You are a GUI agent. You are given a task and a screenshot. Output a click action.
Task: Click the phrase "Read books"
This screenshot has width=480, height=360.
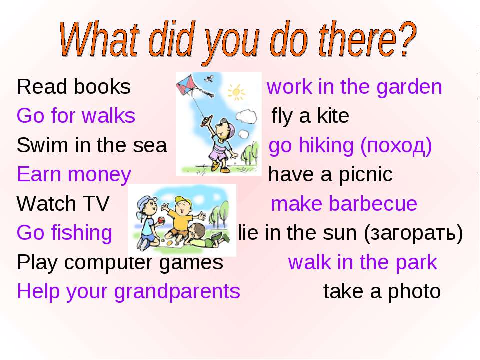74,87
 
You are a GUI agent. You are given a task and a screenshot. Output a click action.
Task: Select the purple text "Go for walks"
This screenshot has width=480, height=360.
76,116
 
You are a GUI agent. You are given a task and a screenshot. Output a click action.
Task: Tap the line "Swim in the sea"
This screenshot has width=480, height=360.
92,145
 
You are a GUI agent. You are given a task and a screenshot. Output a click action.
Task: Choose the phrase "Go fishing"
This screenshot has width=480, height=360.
65,233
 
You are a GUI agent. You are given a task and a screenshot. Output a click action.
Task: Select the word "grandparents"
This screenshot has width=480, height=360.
177,291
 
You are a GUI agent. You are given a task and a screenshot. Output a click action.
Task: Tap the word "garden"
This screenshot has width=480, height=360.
409,87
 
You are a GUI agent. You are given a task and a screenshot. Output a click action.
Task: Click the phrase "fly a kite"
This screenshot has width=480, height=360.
310,116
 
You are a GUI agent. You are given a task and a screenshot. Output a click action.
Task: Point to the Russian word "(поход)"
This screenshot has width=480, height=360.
396,145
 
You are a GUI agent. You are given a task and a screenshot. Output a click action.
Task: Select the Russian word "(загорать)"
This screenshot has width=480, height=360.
413,234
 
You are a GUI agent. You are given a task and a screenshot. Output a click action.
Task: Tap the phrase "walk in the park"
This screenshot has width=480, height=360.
363,263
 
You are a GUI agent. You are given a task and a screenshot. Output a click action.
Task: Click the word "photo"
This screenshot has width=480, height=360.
414,292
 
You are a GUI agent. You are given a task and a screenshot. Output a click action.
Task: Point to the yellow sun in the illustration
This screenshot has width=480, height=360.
236,92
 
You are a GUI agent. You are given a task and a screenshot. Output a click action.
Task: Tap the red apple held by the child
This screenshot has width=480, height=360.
160,220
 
